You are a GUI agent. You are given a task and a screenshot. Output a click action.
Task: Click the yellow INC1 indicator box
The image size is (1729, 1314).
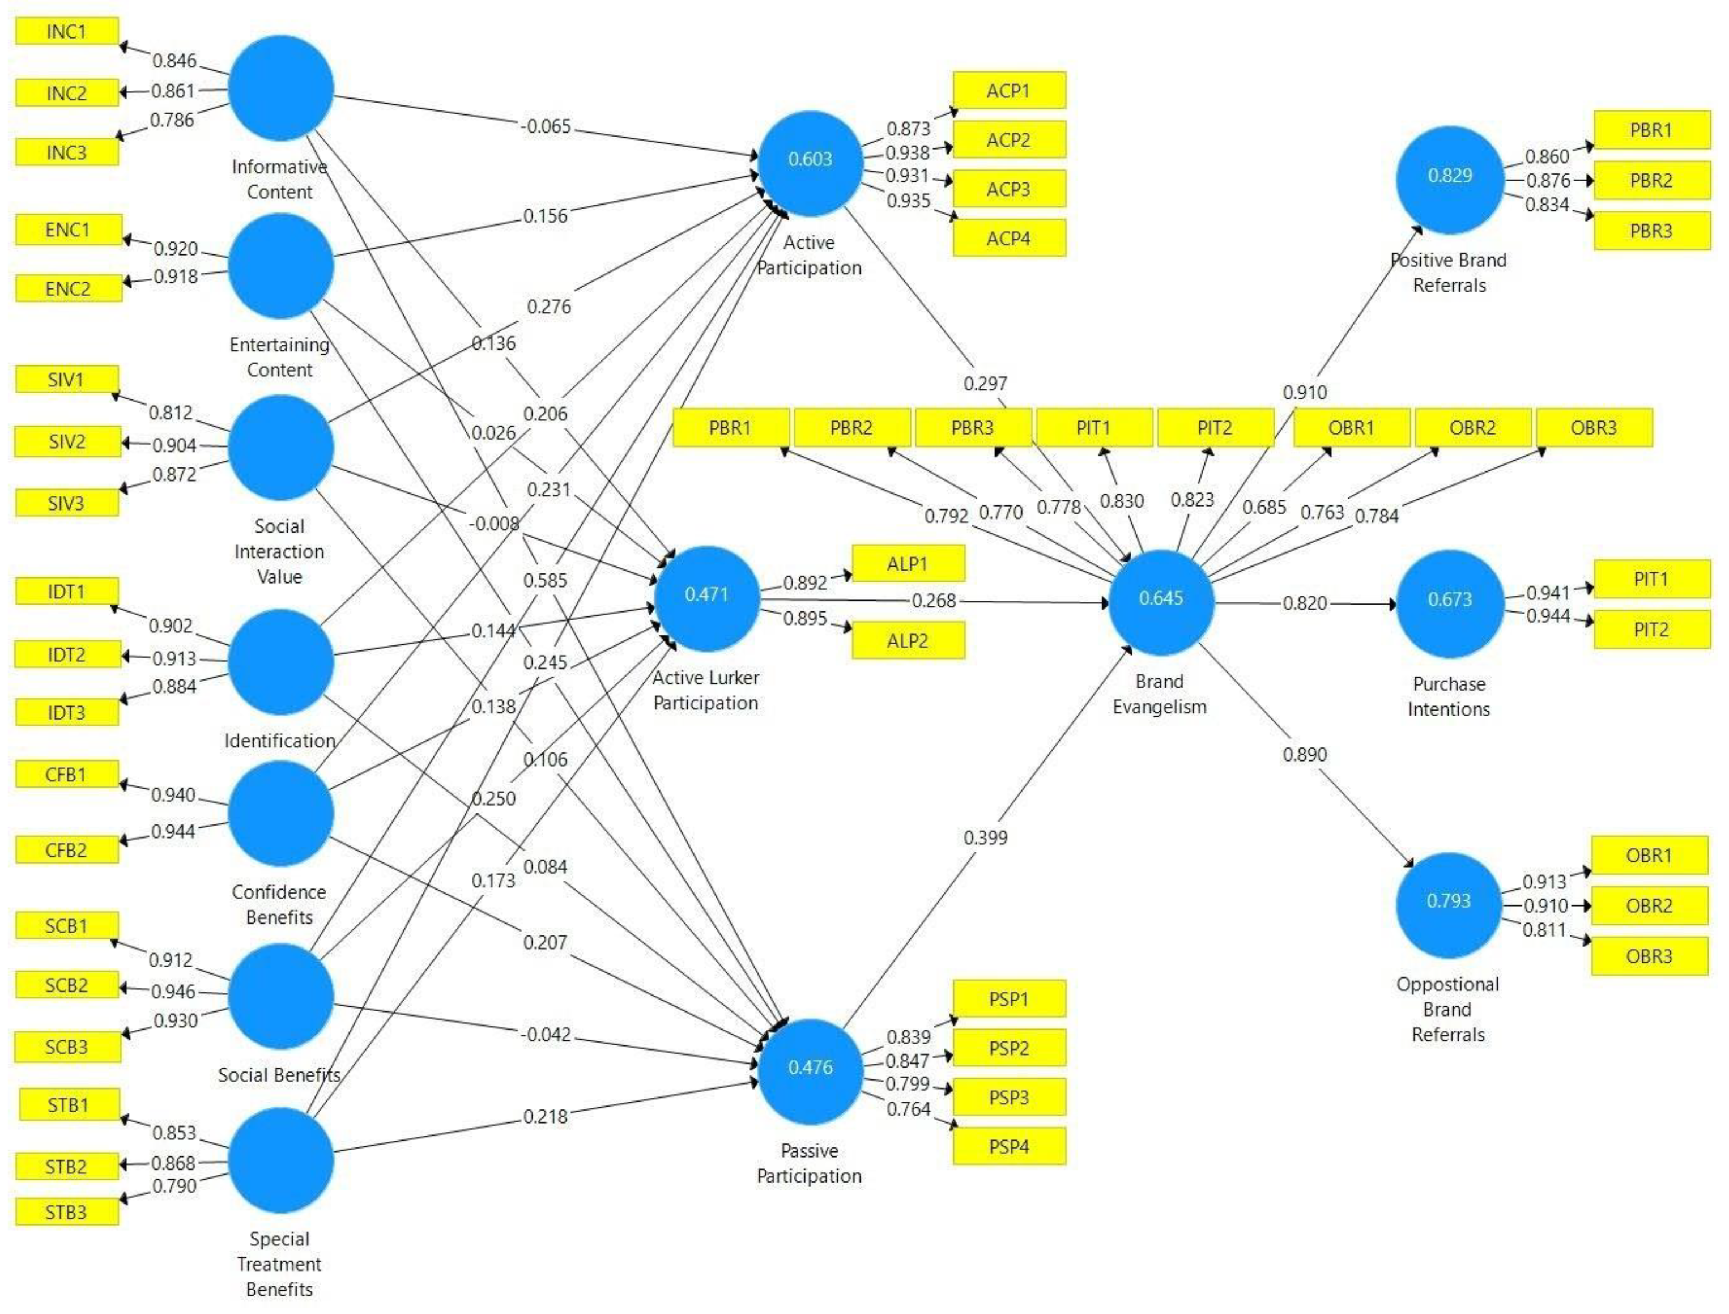point(66,31)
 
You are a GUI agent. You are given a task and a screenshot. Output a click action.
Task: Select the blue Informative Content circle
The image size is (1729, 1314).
point(281,88)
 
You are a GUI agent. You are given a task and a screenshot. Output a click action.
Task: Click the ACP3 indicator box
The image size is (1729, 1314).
point(1008,189)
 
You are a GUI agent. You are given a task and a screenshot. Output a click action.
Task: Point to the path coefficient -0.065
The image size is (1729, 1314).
point(546,126)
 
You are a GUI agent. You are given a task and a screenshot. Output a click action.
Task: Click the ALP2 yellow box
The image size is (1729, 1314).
point(907,641)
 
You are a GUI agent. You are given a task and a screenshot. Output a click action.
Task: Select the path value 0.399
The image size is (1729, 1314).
point(985,837)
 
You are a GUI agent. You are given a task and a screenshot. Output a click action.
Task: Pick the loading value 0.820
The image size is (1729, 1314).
point(1304,603)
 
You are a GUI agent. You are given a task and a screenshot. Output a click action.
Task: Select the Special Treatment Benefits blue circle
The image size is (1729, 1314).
point(281,1159)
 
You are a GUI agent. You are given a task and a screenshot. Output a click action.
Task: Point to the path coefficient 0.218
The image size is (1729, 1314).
point(545,1116)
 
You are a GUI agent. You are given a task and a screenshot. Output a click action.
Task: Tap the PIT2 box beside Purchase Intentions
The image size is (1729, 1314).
point(1650,630)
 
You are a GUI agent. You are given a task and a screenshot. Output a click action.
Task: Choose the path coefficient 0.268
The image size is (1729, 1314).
point(934,601)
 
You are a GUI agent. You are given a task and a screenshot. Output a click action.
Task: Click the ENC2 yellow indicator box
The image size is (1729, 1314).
point(68,288)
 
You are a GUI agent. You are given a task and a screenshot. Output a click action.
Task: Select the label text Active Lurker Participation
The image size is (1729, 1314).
point(705,690)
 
